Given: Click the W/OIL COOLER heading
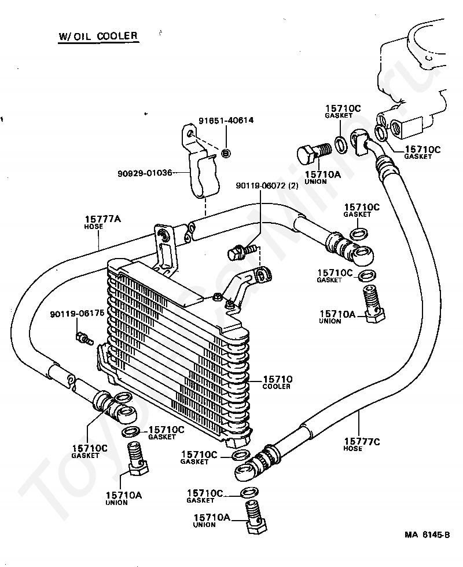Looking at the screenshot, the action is point(98,37).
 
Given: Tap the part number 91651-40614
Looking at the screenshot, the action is point(226,120).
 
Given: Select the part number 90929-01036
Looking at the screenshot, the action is point(145,173).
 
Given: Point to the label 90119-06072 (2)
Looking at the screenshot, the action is point(267,186).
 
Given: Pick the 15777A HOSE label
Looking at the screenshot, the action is point(98,222).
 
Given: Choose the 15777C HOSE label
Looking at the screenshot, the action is point(362,445).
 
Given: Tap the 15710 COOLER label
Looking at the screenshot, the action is point(277,382).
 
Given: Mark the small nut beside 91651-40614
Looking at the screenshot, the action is point(226,152).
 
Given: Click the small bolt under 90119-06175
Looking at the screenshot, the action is point(84,339).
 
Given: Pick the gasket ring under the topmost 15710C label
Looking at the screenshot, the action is point(340,144).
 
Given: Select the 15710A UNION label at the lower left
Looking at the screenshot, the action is point(123,498).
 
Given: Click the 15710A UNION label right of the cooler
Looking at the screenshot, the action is point(337,317).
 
